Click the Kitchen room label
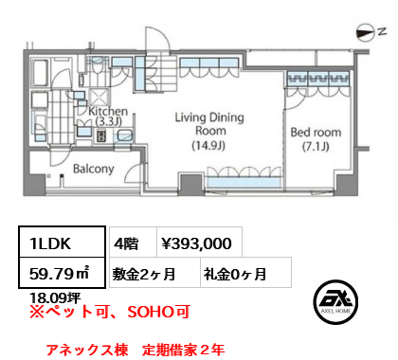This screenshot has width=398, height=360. pos(108,116)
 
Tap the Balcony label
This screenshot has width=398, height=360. pos(94,169)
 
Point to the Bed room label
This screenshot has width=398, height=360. pos(316,139)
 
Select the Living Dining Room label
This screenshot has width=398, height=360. pos(209,131)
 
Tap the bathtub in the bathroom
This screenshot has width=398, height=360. pos(40,73)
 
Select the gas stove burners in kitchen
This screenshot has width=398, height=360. pos(101,135)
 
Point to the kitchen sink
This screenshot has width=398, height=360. pos(125,135)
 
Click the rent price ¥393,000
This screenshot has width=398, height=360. pos(196,243)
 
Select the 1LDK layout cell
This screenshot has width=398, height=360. pos(62,242)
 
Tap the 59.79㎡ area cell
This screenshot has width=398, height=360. pos(62,273)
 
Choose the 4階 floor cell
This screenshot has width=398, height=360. pos(133,242)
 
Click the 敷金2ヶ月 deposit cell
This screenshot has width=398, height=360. pos(154,272)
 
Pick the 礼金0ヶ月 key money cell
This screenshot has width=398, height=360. pos(245,272)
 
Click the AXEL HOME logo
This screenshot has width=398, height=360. pos(335,302)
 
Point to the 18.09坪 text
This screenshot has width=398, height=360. pos(55,297)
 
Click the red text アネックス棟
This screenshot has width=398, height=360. pos(87,350)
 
